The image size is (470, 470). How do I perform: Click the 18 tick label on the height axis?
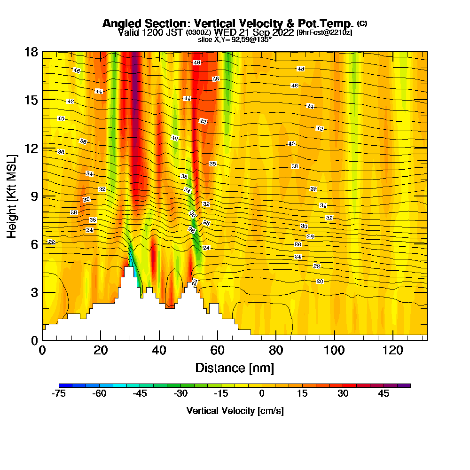[x=31, y=52]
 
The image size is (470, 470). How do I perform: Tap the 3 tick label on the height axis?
[x=34, y=292]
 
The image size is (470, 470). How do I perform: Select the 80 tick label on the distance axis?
[x=276, y=350]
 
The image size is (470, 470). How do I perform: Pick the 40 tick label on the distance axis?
[x=159, y=350]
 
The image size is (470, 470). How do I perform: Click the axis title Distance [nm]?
[x=235, y=368]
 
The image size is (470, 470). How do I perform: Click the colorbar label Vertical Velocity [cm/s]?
[x=235, y=411]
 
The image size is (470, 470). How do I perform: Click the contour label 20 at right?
[x=320, y=281]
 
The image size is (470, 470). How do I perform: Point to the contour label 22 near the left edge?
[x=52, y=242]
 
